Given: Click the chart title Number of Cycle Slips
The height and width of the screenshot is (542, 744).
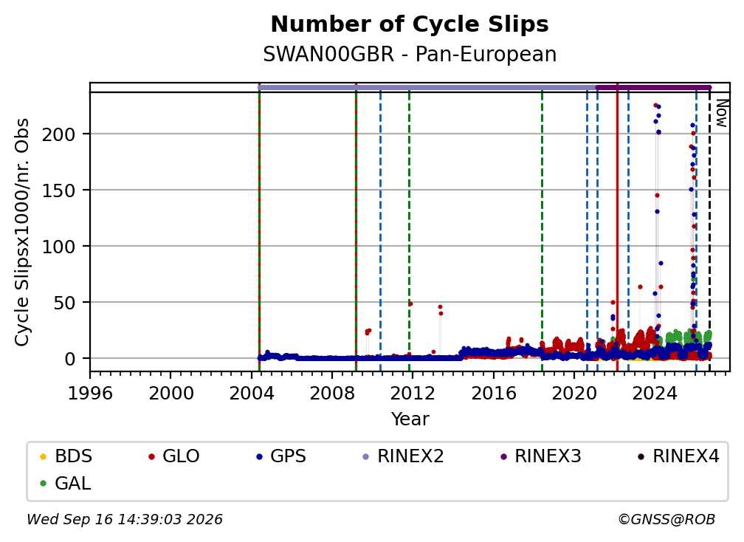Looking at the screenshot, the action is pos(410,24).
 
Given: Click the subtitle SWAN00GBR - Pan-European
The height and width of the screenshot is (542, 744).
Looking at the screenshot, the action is pos(410,54).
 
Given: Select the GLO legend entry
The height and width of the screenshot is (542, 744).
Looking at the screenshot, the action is pos(174,456).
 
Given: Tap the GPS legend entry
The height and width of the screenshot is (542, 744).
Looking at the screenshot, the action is pos(281,456).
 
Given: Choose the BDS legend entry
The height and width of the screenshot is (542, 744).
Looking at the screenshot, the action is pos(66,456).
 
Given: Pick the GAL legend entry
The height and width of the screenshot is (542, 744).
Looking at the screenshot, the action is pos(66,483).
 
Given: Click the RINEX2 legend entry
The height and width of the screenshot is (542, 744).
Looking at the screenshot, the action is pos(403,456).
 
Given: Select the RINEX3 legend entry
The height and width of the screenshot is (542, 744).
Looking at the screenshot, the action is pos(540,456).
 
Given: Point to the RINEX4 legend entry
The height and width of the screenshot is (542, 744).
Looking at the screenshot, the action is pos(678,456).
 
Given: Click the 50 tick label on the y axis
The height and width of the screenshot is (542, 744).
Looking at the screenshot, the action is pos(64,303).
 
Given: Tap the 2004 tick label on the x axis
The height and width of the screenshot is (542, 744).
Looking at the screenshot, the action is pos(252,394).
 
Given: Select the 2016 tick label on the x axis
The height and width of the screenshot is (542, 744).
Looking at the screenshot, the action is pos(494,394).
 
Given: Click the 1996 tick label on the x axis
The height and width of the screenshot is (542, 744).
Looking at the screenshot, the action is pos(90,394).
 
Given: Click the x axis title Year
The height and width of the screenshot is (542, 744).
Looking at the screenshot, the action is pos(410,419).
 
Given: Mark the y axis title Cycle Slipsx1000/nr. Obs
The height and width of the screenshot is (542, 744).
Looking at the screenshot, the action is pos(22,232).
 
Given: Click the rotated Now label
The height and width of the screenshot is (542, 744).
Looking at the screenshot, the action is pos(721,114).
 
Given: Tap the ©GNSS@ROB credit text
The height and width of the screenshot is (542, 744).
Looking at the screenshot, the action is pos(666,519).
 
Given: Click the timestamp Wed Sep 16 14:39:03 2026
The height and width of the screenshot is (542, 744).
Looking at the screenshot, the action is pos(125,519).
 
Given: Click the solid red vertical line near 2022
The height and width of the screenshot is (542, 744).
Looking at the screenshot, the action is pos(617,227).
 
